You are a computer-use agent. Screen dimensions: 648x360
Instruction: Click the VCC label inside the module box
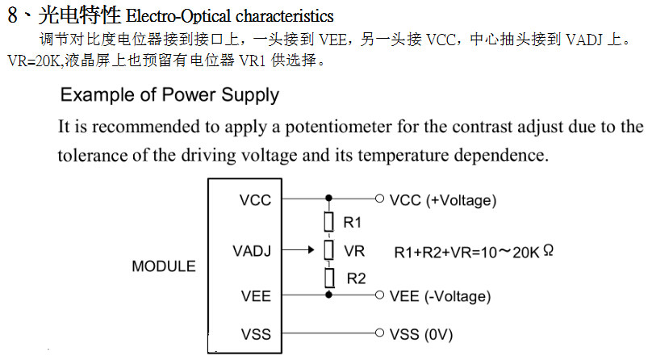pyautogui.click(x=255, y=200)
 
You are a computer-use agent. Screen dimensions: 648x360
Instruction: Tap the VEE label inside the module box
pyautogui.click(x=256, y=295)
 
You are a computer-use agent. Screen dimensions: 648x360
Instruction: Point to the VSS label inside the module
pyautogui.click(x=256, y=333)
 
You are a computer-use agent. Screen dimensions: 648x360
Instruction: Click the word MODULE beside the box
pyautogui.click(x=164, y=266)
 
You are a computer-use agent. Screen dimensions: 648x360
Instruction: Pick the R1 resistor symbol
pyautogui.click(x=328, y=222)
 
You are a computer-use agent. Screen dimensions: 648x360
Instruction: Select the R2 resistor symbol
pyautogui.click(x=328, y=278)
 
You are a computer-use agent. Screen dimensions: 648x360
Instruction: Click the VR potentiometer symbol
pyautogui.click(x=328, y=250)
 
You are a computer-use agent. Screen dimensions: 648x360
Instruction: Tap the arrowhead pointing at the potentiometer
pyautogui.click(x=314, y=250)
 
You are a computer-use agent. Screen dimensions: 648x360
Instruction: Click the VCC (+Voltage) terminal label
pyautogui.click(x=442, y=200)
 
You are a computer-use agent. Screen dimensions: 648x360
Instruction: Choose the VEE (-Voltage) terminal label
pyautogui.click(x=439, y=296)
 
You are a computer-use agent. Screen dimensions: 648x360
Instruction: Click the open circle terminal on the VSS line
pyautogui.click(x=379, y=333)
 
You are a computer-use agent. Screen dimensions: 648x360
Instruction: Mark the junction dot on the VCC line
pyautogui.click(x=328, y=198)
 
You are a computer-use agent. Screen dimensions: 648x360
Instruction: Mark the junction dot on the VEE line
pyautogui.click(x=328, y=295)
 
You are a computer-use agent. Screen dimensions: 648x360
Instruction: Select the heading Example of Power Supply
pyautogui.click(x=169, y=95)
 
